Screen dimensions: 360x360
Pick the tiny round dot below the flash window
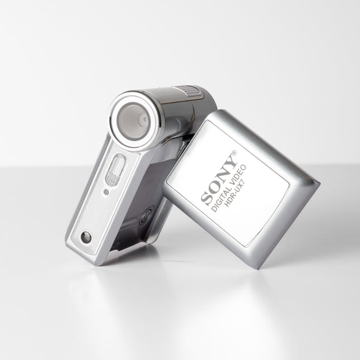(106, 193)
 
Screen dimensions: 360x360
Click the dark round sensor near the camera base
(85, 237)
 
